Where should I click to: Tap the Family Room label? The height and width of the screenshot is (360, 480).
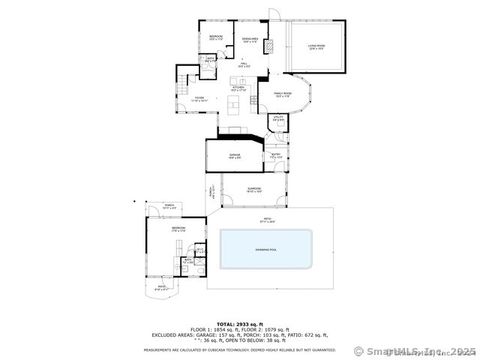pyautogui.click(x=297, y=95)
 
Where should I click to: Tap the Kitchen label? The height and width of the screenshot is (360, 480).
pyautogui.click(x=239, y=89)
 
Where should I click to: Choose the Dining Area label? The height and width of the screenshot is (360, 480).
pyautogui.click(x=250, y=39)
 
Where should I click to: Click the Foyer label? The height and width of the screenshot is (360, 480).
pyautogui.click(x=199, y=99)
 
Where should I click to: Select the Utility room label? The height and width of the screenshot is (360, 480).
pyautogui.click(x=278, y=118)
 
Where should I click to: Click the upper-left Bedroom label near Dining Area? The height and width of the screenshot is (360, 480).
pyautogui.click(x=215, y=37)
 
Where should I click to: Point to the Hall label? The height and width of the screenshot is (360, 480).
pyautogui.click(x=243, y=65)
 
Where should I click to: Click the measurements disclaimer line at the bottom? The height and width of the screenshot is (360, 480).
pyautogui.click(x=237, y=350)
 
